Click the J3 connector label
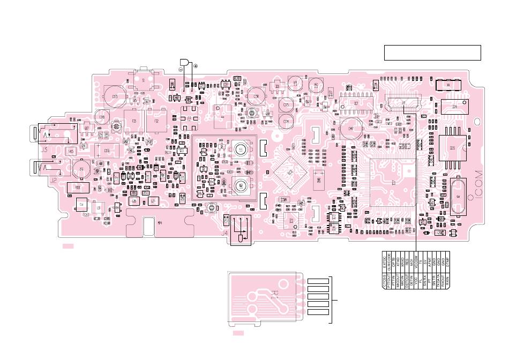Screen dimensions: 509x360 tap(44, 149)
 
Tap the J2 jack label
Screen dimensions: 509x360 tap(53, 181)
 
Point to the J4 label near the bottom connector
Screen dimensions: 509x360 tap(224, 234)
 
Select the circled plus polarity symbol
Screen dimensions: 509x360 tap(196, 65)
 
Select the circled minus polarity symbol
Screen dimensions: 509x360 tap(181, 69)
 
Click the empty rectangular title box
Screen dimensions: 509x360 tap(432, 53)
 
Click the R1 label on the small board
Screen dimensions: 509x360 tap(274, 294)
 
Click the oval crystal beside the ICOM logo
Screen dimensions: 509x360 tap(459, 196)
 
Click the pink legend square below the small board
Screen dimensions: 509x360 tap(238, 334)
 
